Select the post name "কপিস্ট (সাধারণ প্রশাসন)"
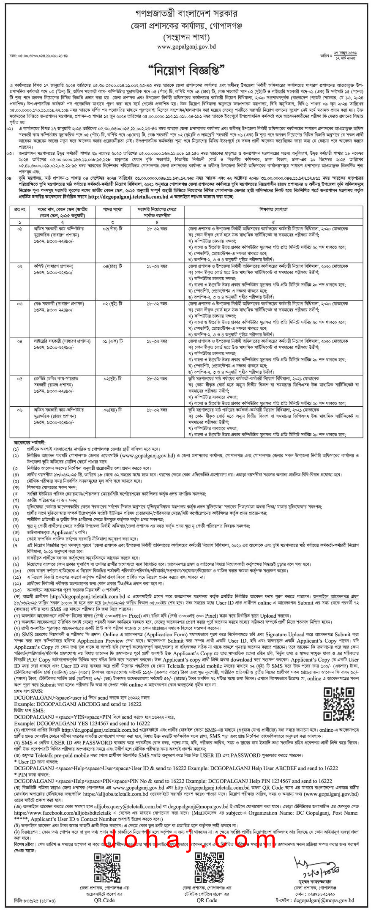54,266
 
